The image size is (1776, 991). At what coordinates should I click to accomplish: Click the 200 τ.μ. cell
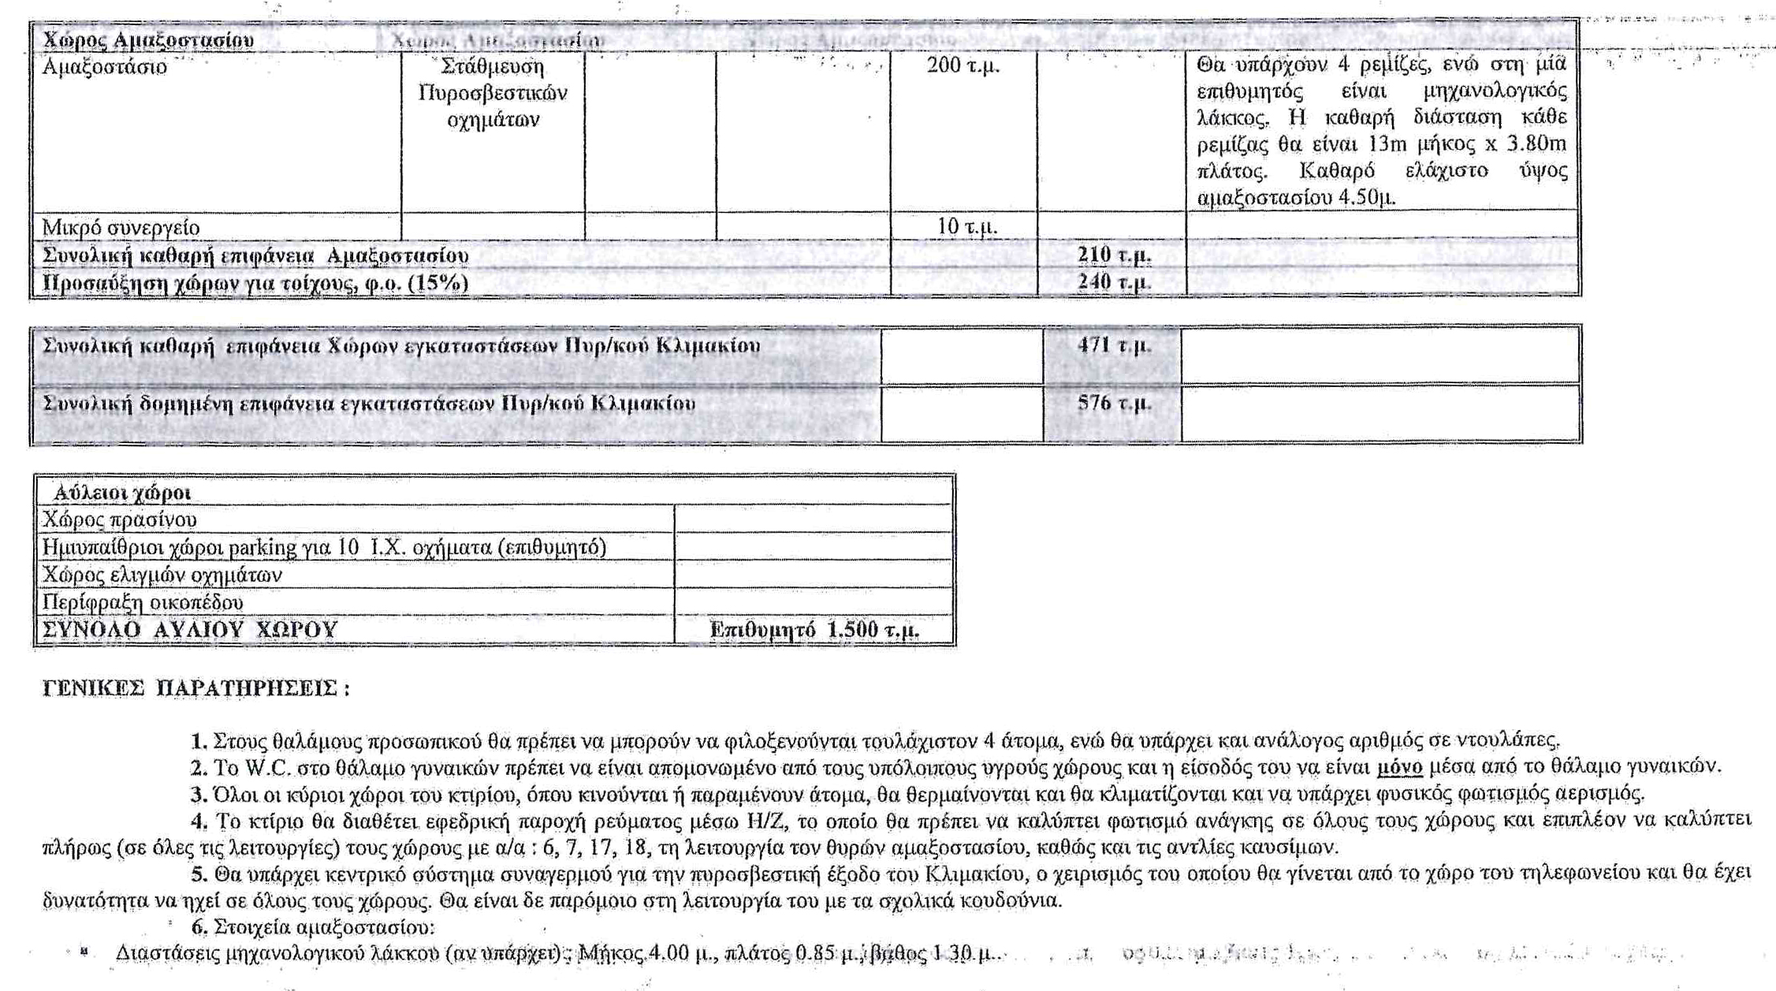click(962, 65)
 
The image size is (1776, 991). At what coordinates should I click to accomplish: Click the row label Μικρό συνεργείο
click(121, 228)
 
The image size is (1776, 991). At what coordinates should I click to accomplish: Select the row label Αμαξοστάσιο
click(104, 67)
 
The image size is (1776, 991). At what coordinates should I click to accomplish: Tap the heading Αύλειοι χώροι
click(122, 494)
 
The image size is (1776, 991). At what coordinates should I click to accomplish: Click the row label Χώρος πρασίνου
click(119, 520)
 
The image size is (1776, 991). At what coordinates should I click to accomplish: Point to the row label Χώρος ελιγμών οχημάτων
click(162, 576)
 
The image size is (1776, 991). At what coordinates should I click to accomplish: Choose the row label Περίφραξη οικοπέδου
click(143, 603)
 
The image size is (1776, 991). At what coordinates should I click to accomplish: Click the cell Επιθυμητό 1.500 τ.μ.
click(814, 631)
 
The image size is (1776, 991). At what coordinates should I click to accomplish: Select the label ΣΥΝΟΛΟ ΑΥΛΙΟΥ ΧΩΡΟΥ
click(189, 631)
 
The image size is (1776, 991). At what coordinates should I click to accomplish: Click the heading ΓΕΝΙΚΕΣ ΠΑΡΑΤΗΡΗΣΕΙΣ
click(195, 688)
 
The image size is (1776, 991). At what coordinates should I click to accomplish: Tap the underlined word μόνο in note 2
click(1399, 767)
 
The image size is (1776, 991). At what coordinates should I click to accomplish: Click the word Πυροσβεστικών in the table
click(493, 94)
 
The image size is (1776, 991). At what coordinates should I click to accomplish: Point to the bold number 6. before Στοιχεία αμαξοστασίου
click(199, 926)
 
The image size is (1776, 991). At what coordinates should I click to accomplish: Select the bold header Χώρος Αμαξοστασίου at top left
click(148, 40)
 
